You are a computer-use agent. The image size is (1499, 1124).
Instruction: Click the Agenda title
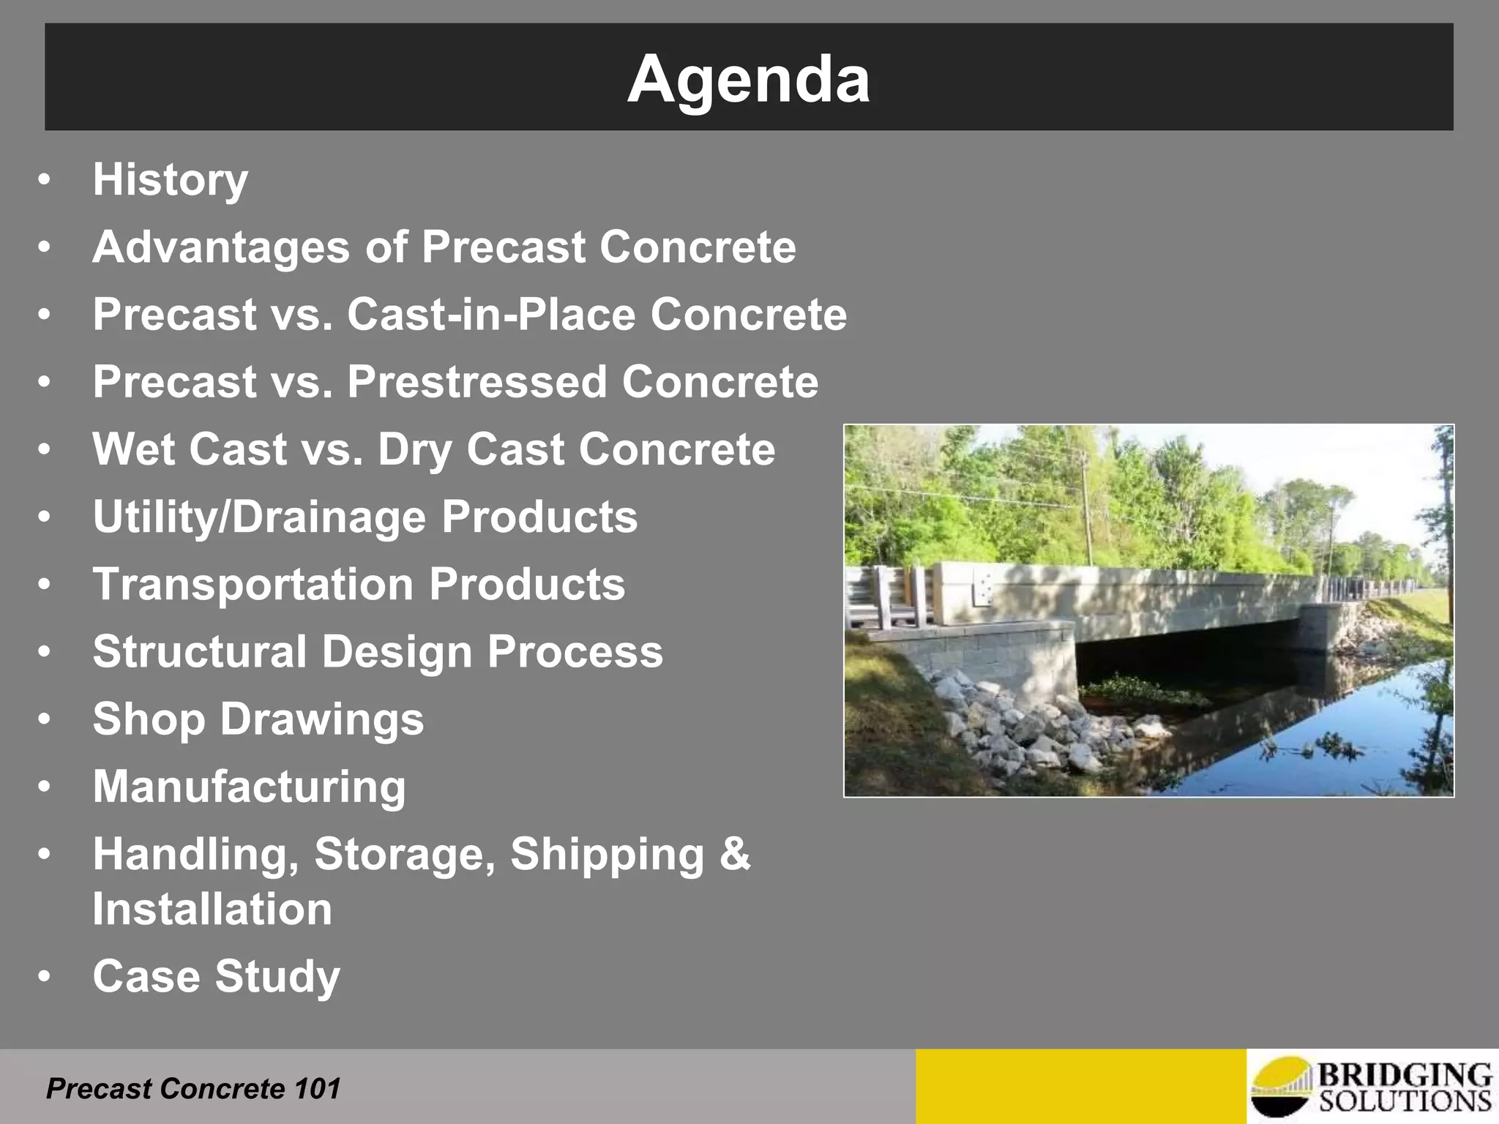(x=748, y=79)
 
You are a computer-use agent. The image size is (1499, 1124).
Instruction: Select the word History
(x=170, y=180)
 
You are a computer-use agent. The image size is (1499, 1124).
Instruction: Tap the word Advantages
(x=221, y=247)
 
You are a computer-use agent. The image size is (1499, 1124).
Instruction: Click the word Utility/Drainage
(x=258, y=517)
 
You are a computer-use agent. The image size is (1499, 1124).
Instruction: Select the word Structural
(x=199, y=652)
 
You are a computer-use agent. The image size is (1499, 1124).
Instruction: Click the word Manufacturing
(x=249, y=787)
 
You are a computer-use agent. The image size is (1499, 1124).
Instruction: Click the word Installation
(x=212, y=910)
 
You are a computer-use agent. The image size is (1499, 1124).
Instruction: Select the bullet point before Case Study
(x=45, y=977)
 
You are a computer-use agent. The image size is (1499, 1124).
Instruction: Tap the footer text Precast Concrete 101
(x=193, y=1089)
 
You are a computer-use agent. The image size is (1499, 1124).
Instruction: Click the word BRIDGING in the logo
(x=1404, y=1076)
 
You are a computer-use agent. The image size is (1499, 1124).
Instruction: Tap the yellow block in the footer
(x=1080, y=1087)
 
